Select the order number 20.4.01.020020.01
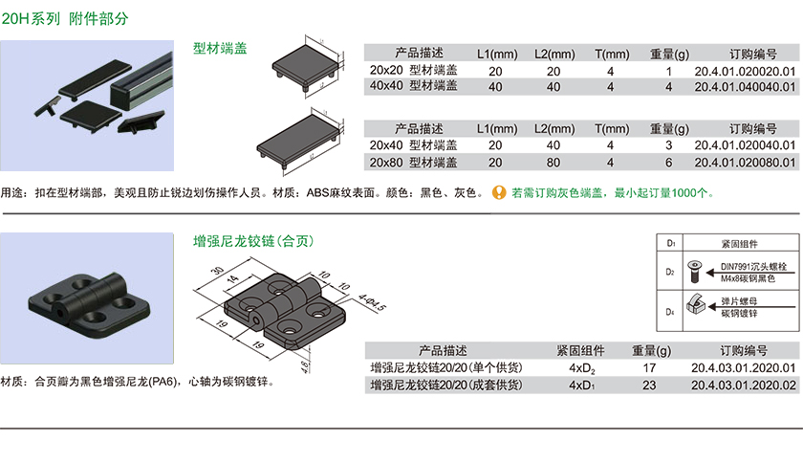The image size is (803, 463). [x=745, y=71]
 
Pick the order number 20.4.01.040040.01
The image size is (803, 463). [x=745, y=86]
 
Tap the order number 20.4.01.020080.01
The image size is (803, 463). [x=745, y=162]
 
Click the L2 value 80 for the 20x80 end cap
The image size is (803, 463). [x=553, y=162]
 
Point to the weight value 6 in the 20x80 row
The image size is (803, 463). [x=669, y=162]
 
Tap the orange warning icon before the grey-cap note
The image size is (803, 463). [x=498, y=192]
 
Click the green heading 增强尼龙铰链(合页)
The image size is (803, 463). [x=253, y=241]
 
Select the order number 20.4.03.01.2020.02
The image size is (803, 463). [x=743, y=385]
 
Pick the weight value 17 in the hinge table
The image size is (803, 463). [x=649, y=368]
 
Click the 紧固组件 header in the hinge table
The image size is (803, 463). [x=581, y=350]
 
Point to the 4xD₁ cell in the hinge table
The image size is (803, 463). [x=581, y=385]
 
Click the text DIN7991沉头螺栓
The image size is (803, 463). [x=751, y=265]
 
